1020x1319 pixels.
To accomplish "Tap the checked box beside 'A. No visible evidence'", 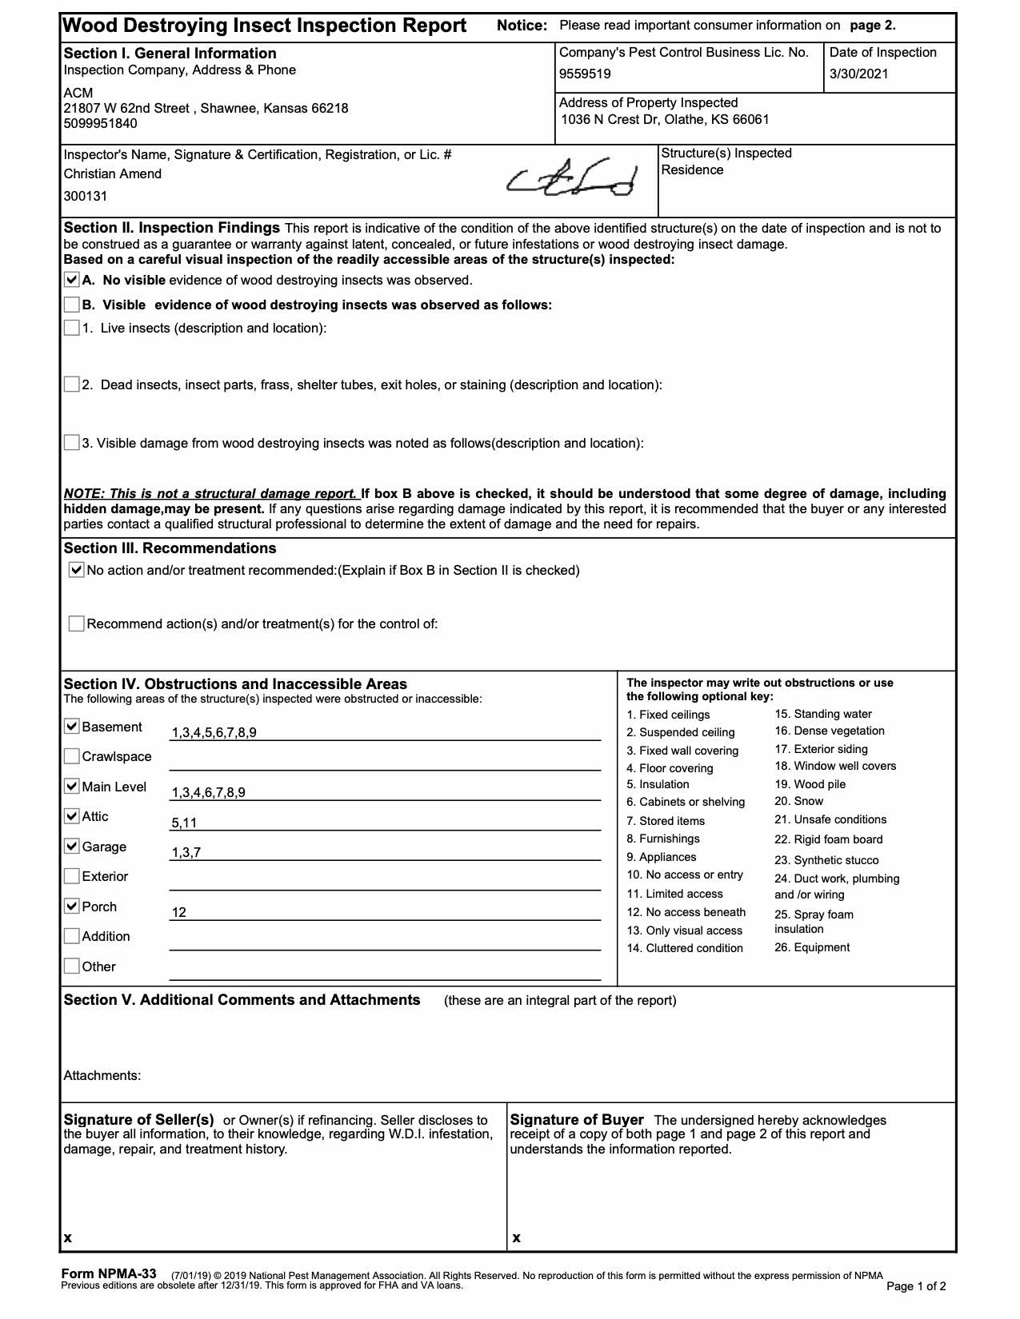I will (72, 280).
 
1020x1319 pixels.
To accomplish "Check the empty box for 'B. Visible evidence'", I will (72, 305).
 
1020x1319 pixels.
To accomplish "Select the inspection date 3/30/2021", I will (858, 74).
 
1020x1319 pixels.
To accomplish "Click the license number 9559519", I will (585, 74).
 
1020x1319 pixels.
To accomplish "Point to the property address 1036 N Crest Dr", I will (665, 120).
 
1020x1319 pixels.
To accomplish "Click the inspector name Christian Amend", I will (113, 174).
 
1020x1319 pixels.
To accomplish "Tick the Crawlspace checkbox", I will (72, 756).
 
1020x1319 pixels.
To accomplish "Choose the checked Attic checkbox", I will (72, 816).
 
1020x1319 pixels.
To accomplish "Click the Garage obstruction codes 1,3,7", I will (186, 853).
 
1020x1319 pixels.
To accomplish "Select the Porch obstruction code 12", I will (179, 913).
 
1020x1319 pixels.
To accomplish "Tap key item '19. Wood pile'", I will (810, 784).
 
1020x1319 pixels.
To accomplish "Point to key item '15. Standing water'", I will (823, 714).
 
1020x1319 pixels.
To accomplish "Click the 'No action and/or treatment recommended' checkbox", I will (77, 570).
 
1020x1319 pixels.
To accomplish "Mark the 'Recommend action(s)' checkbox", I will (77, 624).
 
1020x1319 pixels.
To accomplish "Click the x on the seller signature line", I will (68, 1237).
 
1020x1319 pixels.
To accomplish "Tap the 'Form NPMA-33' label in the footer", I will (109, 1274).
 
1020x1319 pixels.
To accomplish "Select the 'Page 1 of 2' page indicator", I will (916, 1286).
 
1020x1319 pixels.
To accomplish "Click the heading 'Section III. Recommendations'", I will (170, 548).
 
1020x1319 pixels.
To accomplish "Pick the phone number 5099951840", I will (100, 124).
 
